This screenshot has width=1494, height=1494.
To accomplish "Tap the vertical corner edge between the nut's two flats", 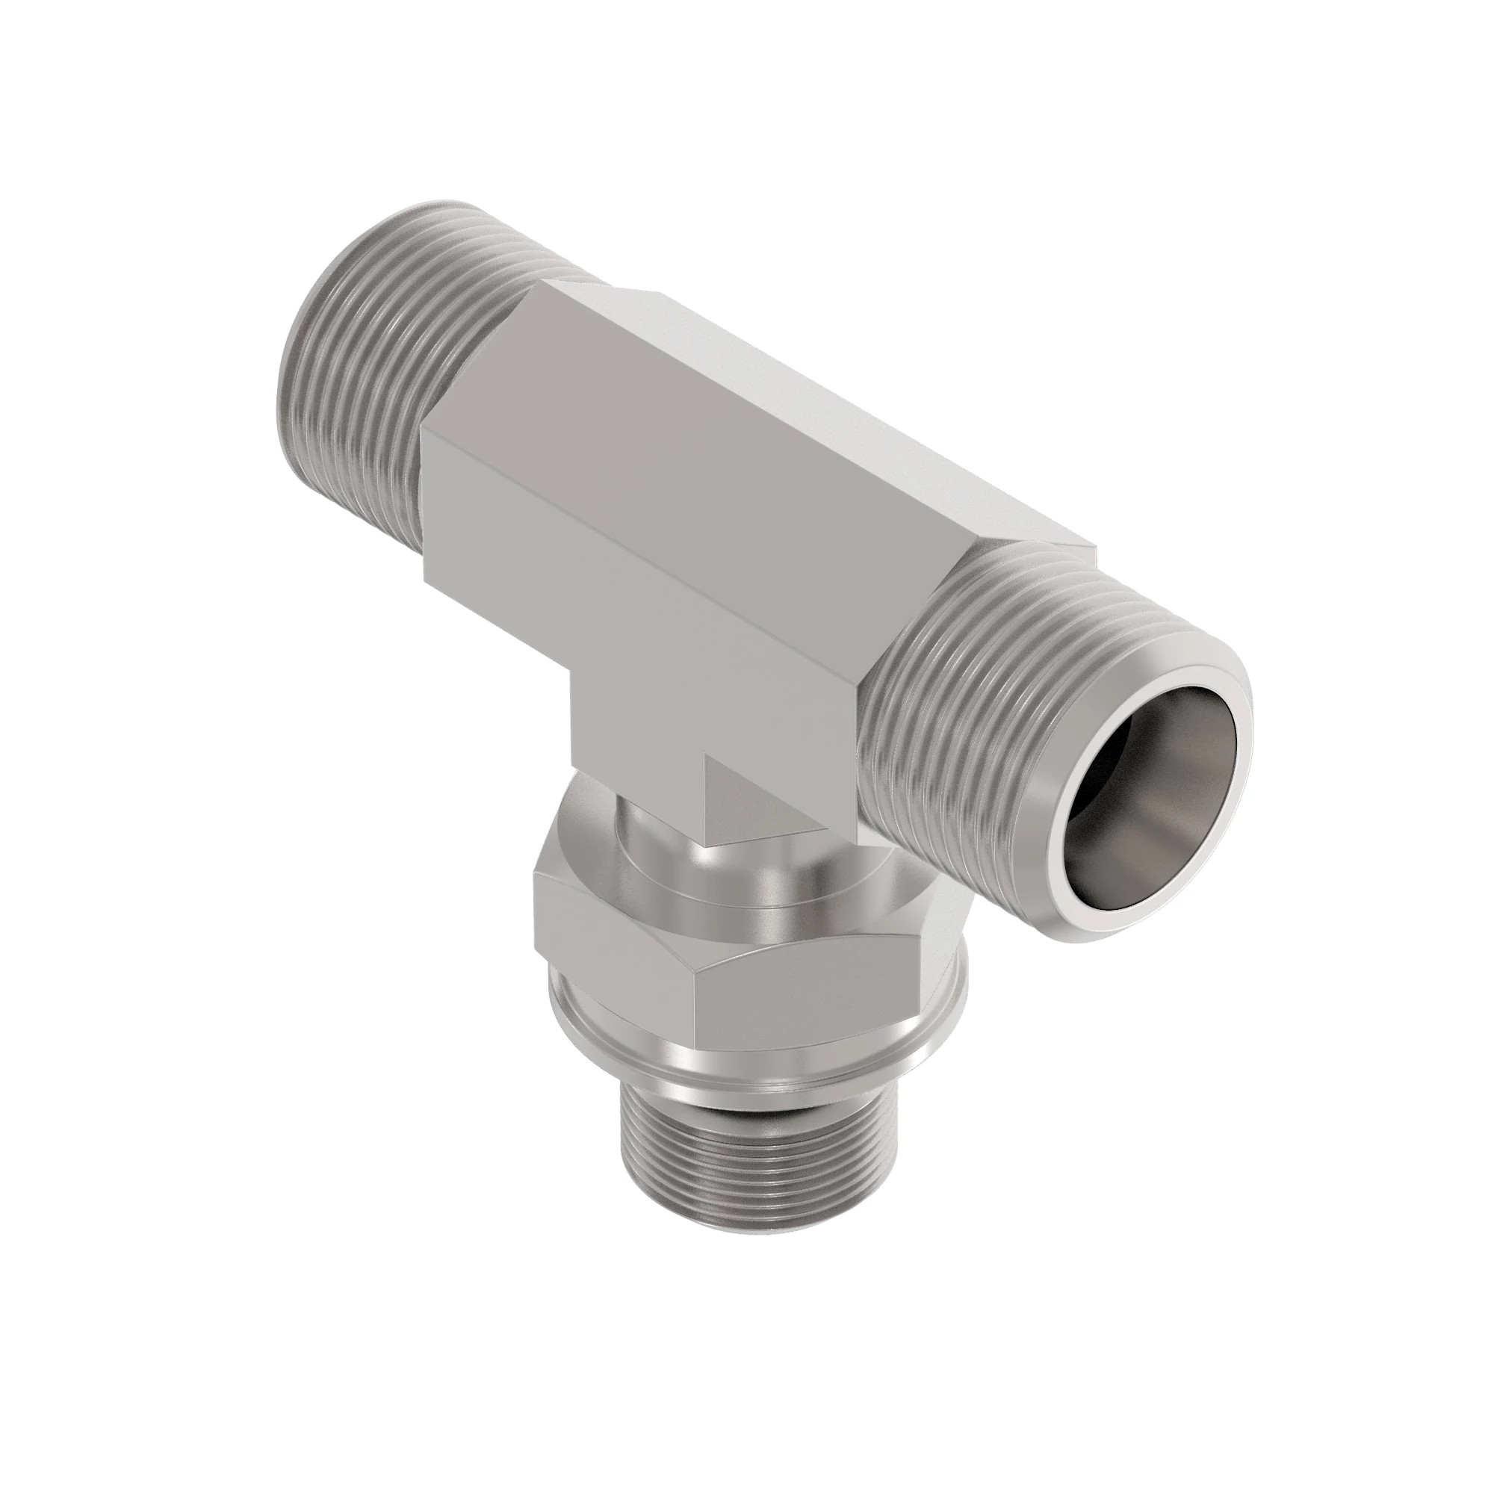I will (694, 997).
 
